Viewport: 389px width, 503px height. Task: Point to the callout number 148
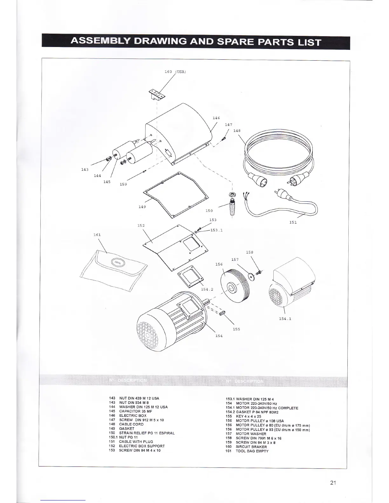[237, 131]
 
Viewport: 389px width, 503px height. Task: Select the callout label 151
[293, 222]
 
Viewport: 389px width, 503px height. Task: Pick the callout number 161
[97, 235]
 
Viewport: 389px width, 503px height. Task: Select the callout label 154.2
[207, 289]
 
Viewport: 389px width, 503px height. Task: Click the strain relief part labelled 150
[232, 205]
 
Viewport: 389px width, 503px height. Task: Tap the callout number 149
[142, 207]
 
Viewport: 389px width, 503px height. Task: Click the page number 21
[333, 483]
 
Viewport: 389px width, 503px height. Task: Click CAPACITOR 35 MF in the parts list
[131, 411]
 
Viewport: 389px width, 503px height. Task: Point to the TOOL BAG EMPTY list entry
[252, 451]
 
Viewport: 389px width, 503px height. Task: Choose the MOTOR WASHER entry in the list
[251, 433]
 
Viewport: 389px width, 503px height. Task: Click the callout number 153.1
[216, 231]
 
